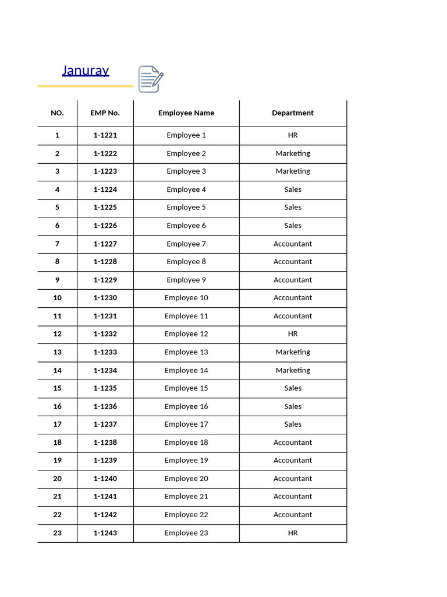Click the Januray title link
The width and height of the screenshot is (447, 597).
(x=86, y=71)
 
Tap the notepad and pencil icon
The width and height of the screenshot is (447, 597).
(x=150, y=79)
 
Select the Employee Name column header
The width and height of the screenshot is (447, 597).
(x=186, y=113)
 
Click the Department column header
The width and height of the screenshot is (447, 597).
(x=293, y=113)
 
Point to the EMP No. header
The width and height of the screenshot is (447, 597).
(x=105, y=113)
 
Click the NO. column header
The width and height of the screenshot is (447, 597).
(x=57, y=113)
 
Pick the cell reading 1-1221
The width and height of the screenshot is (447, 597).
(x=105, y=135)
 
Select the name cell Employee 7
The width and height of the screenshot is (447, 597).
(x=186, y=244)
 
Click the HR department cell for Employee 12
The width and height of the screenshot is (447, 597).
(x=293, y=334)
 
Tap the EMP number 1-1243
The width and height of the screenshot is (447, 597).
(x=105, y=533)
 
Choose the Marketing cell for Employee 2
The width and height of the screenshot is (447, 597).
(x=293, y=153)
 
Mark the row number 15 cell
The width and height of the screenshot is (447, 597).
(x=57, y=388)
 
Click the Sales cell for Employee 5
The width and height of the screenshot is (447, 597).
(x=293, y=208)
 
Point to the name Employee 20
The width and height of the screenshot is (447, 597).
(x=186, y=479)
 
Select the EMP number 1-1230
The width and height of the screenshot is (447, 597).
(x=105, y=298)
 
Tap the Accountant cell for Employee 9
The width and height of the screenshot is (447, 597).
(x=293, y=280)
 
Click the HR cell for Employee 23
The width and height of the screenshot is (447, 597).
(x=293, y=533)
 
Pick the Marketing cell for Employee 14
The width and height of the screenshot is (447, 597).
(x=293, y=370)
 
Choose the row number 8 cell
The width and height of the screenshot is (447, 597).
(x=57, y=262)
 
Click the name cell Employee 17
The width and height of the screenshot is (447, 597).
(x=186, y=424)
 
